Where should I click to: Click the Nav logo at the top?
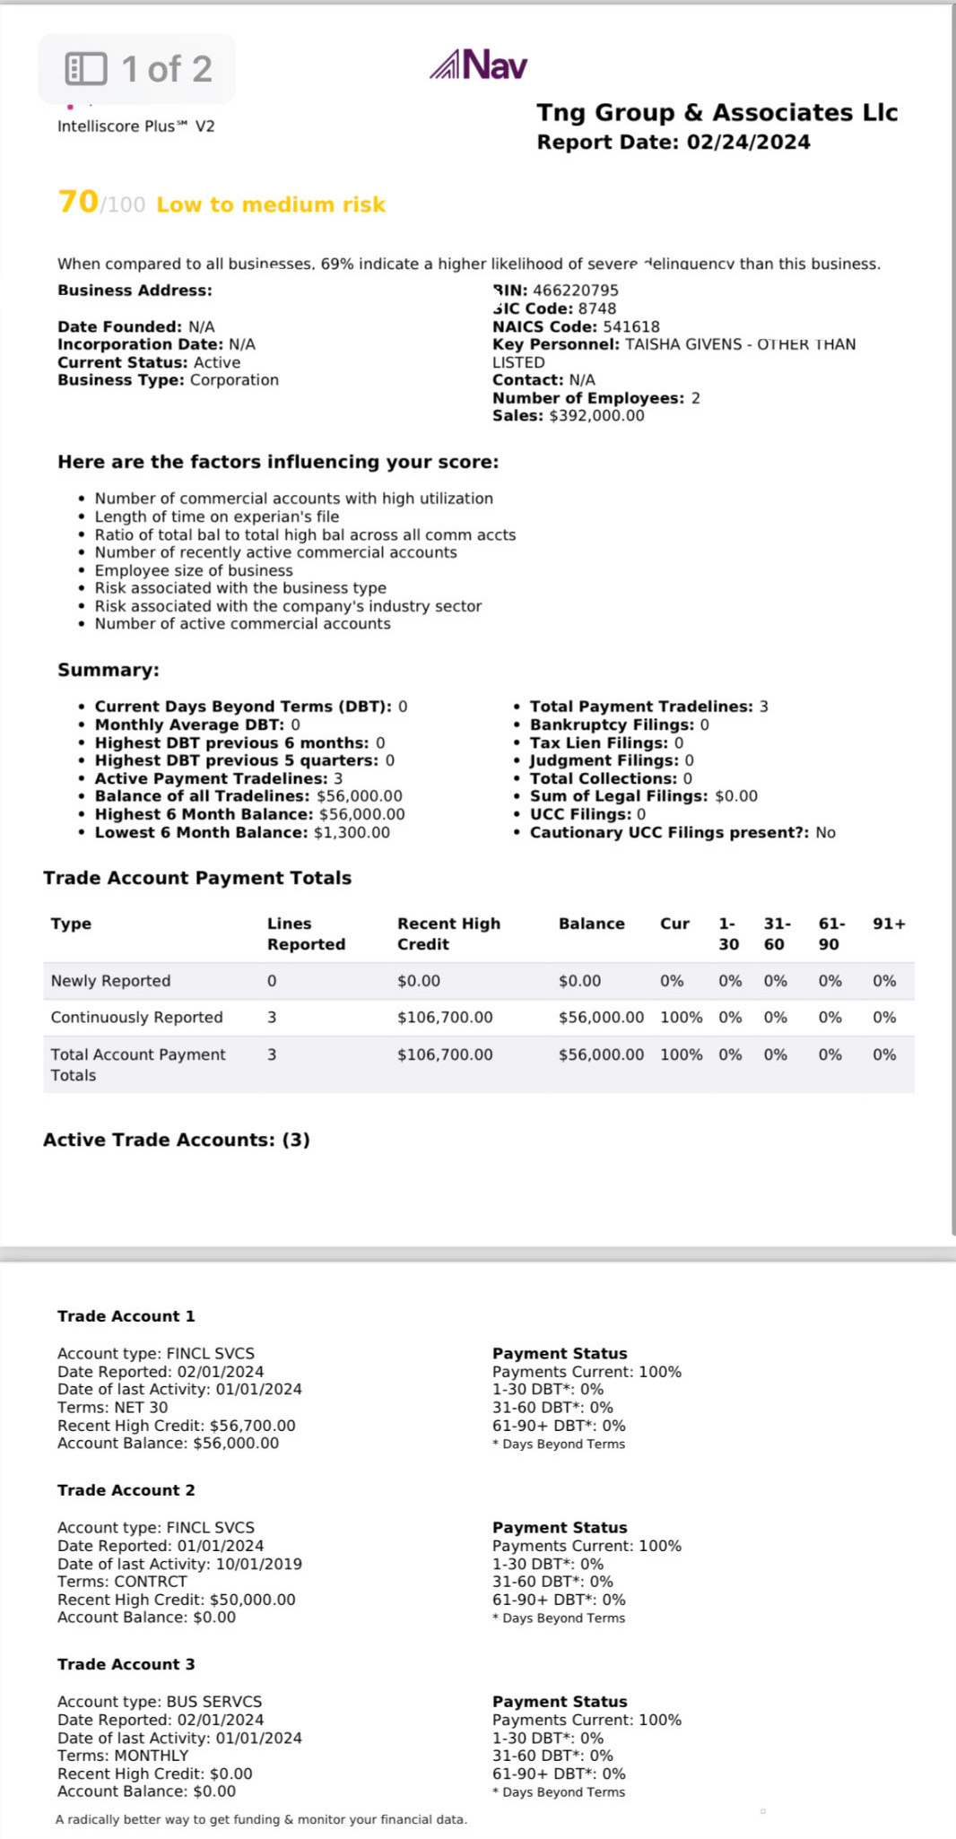tap(479, 65)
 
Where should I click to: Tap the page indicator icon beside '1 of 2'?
tap(86, 69)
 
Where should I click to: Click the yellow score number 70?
tap(78, 202)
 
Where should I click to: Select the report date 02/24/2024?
tap(748, 143)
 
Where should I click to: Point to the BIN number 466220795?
tap(575, 291)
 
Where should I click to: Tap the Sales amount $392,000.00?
tap(596, 416)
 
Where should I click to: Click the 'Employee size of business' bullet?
tap(194, 570)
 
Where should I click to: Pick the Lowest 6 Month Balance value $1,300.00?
tap(352, 833)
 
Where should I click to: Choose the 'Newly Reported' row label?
tap(110, 981)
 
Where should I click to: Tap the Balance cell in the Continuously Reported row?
tap(601, 1018)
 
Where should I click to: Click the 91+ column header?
tap(889, 924)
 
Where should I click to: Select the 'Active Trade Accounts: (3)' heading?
tap(177, 1140)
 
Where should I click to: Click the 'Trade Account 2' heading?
tap(126, 1490)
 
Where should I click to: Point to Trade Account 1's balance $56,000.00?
tap(236, 1444)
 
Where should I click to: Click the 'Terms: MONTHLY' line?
tap(123, 1756)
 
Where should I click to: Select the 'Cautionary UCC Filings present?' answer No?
tap(825, 833)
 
